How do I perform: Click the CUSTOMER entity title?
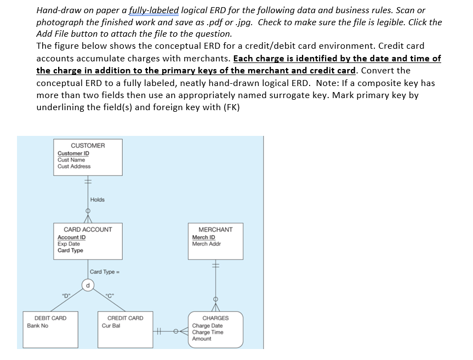pyautogui.click(x=88, y=145)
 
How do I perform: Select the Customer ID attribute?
pyautogui.click(x=73, y=153)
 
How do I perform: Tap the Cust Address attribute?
pyautogui.click(x=74, y=166)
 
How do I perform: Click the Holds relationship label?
pyautogui.click(x=98, y=199)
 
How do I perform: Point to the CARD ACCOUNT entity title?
pyautogui.click(x=88, y=230)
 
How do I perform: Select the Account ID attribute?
pyautogui.click(x=71, y=237)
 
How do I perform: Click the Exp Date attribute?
pyautogui.click(x=69, y=244)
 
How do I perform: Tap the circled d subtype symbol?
pyautogui.click(x=88, y=284)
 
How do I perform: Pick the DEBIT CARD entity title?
pyautogui.click(x=50, y=318)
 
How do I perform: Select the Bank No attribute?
pyautogui.click(x=38, y=325)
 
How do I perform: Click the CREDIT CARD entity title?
pyautogui.click(x=125, y=318)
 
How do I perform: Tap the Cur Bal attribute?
pyautogui.click(x=111, y=325)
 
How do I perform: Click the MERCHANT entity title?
pyautogui.click(x=215, y=230)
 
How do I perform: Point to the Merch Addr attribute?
pyautogui.click(x=207, y=244)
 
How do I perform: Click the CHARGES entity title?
pyautogui.click(x=215, y=318)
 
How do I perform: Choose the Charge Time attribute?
pyautogui.click(x=208, y=332)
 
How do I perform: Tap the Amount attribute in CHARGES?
pyautogui.click(x=202, y=339)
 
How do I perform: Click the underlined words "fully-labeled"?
pyautogui.click(x=154, y=10)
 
